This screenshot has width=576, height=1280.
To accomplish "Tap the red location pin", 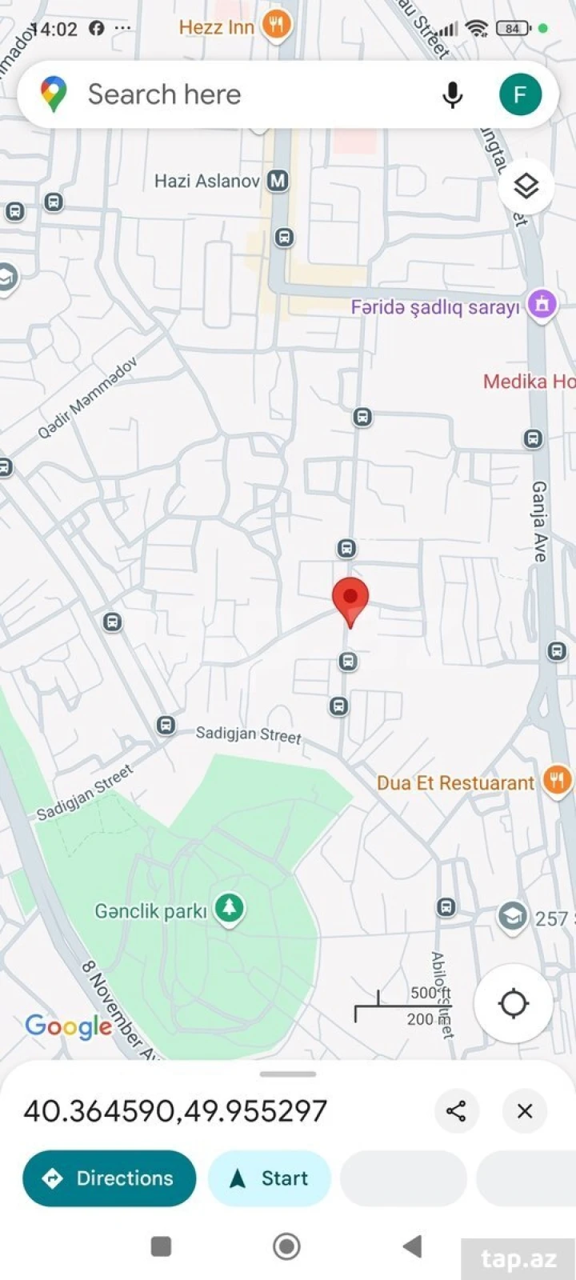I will (x=350, y=599).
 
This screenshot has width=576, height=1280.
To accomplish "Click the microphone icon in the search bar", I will (x=452, y=95).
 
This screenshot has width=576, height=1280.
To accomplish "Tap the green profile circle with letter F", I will (x=520, y=95).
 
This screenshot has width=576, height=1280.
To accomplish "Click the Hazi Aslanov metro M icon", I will (x=278, y=181).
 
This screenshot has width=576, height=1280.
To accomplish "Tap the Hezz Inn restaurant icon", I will (x=276, y=26).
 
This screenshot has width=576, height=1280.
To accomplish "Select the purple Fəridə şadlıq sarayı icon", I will (x=542, y=305).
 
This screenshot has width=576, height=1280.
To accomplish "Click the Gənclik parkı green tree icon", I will (x=230, y=910).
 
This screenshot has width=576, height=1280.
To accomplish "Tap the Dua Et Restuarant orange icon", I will (x=557, y=780).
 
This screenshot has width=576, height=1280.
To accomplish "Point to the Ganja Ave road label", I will (x=540, y=521).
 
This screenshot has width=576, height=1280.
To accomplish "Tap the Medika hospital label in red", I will (x=528, y=382).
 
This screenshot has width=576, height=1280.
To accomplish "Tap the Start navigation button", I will (x=269, y=1178).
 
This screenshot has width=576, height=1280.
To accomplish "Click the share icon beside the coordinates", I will (x=456, y=1110).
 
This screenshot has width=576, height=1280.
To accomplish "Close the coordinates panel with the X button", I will (x=525, y=1110).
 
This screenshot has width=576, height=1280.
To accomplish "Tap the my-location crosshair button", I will (x=513, y=1003).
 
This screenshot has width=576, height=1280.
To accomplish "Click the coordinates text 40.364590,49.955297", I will (x=175, y=1111).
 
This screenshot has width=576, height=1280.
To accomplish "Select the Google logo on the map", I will (x=69, y=1026).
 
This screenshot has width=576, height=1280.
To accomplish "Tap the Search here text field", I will (x=240, y=94).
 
